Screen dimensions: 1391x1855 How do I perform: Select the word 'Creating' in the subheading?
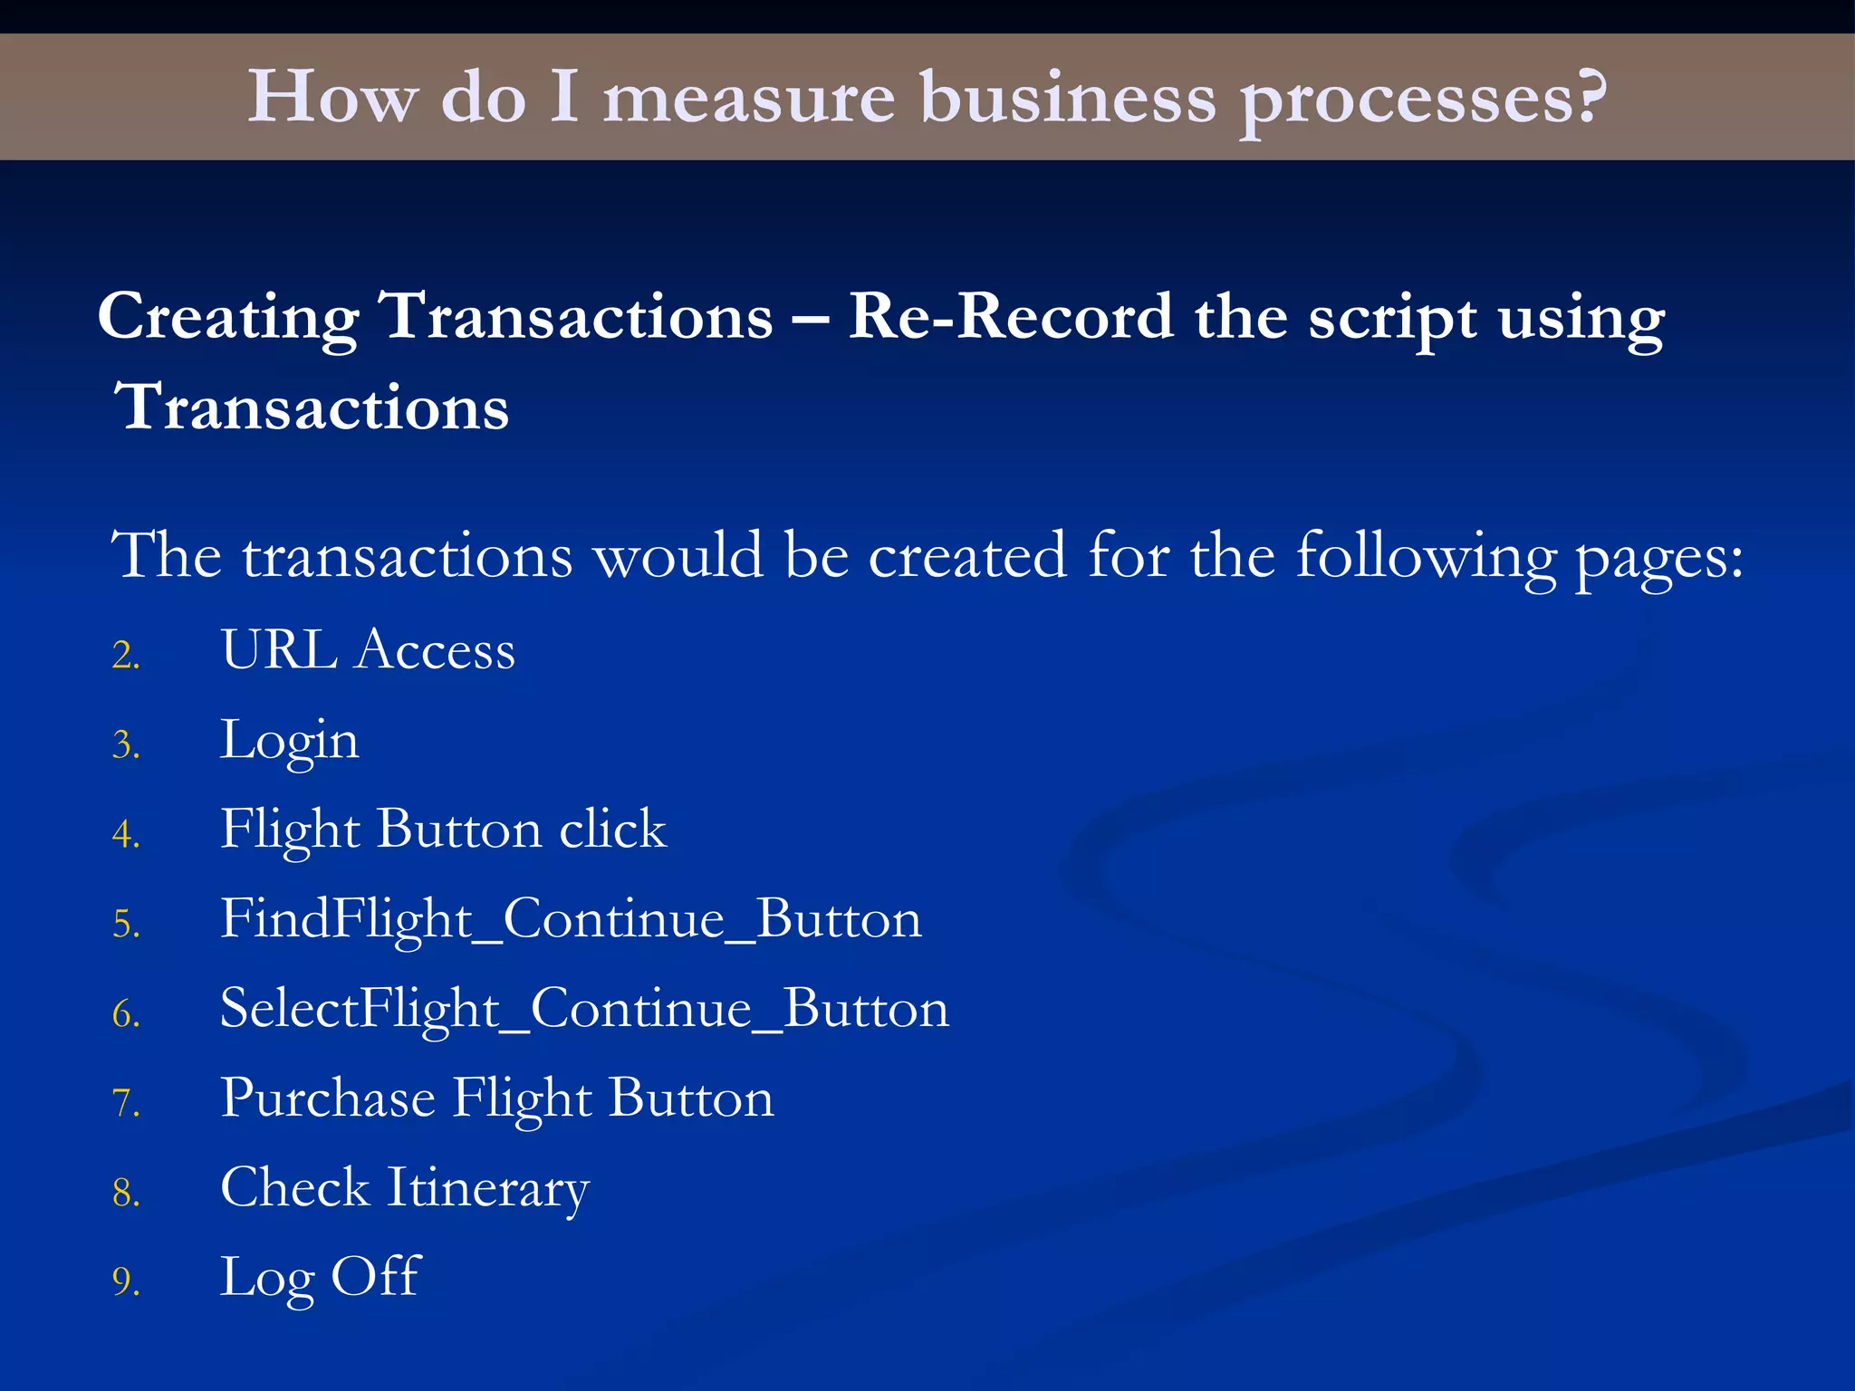[228, 319]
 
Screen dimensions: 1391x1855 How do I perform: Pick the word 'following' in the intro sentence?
[1426, 556]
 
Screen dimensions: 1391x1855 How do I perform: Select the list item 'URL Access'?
[368, 650]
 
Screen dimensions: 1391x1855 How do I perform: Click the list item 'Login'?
[290, 742]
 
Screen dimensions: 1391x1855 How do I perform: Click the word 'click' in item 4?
[612, 829]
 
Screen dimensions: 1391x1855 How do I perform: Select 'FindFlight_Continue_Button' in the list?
[571, 919]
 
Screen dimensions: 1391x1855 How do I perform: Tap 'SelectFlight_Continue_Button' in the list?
[584, 1009]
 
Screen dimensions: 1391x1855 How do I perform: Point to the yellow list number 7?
[126, 1103]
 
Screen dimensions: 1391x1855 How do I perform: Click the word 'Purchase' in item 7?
[327, 1098]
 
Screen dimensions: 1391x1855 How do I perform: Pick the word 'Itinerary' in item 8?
[487, 1189]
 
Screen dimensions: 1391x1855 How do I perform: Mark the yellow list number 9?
[126, 1282]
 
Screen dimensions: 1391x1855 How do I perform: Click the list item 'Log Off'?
[320, 1278]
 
